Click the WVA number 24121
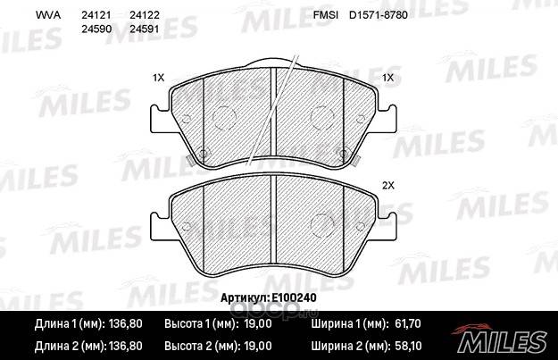96,15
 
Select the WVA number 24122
144,15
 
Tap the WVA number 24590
96,29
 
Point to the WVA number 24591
144,29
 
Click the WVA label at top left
48,15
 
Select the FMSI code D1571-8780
378,15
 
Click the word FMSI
325,15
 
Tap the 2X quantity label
388,185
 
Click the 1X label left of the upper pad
158,77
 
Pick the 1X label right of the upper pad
387,77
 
